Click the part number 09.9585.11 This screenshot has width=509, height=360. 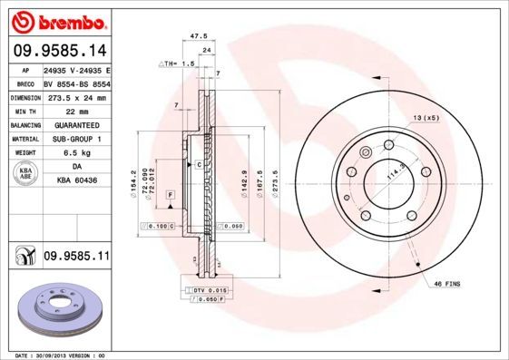pyautogui.click(x=76, y=258)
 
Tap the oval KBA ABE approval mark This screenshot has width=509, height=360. pyautogui.click(x=26, y=176)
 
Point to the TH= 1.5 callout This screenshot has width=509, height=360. pyautogui.click(x=180, y=65)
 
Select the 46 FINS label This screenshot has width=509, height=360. pyautogui.click(x=445, y=284)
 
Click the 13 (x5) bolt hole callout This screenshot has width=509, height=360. pyautogui.click(x=426, y=118)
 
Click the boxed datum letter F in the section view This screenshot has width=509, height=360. pyautogui.click(x=170, y=195)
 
